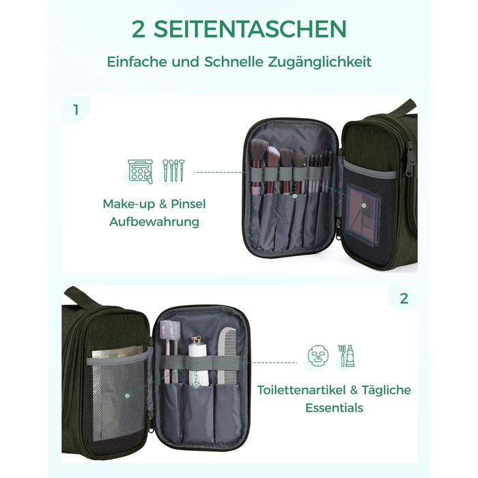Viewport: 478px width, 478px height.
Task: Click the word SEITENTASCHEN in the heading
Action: click(x=250, y=29)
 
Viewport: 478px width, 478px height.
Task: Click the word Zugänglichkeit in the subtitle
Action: click(x=320, y=62)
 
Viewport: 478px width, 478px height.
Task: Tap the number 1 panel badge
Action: click(x=76, y=110)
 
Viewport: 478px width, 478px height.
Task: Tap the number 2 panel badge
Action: click(x=404, y=298)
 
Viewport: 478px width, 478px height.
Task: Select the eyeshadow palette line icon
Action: click(x=140, y=171)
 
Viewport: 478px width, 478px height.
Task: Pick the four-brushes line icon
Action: click(x=173, y=171)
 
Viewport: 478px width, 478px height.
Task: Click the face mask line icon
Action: click(x=318, y=356)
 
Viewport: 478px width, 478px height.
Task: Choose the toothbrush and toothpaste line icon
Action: click(x=346, y=356)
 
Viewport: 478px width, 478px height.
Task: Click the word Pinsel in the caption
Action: click(x=188, y=204)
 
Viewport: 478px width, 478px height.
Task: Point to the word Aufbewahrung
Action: click(x=154, y=222)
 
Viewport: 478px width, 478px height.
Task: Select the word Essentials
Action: click(x=334, y=408)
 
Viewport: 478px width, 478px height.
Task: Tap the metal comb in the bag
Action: click(x=227, y=357)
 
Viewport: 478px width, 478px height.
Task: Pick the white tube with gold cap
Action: click(x=199, y=360)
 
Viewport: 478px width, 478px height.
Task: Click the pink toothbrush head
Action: click(x=170, y=329)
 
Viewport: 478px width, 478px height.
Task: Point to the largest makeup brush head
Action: click(x=259, y=151)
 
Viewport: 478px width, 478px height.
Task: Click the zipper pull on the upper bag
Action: click(x=410, y=158)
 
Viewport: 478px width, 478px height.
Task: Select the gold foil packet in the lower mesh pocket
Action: click(x=117, y=352)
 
